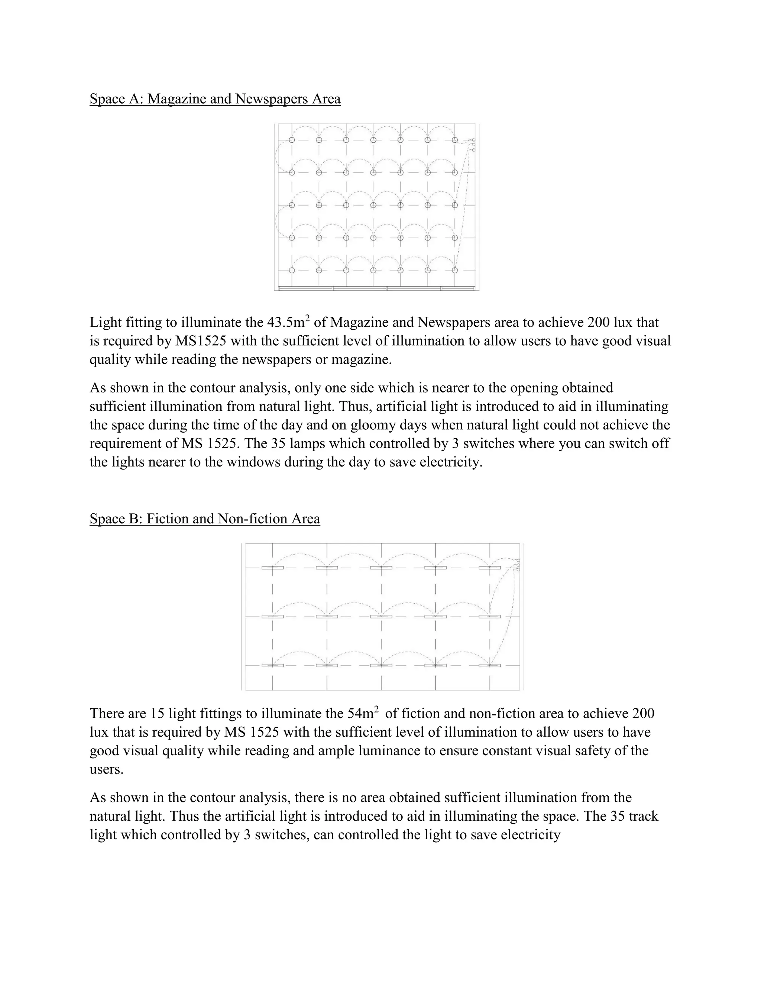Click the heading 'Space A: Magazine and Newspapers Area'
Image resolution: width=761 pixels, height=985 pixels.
[215, 99]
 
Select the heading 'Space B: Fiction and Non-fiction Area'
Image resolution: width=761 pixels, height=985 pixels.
[205, 519]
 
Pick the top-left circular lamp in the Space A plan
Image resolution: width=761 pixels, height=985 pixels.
[292, 140]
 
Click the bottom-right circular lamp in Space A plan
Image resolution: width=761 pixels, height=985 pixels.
[455, 270]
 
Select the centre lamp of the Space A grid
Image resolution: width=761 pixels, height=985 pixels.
[373, 205]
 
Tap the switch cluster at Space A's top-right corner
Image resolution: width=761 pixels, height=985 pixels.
[473, 144]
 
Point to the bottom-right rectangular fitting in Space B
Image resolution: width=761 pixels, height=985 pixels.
[490, 665]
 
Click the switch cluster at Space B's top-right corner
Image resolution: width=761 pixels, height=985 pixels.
[518, 565]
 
